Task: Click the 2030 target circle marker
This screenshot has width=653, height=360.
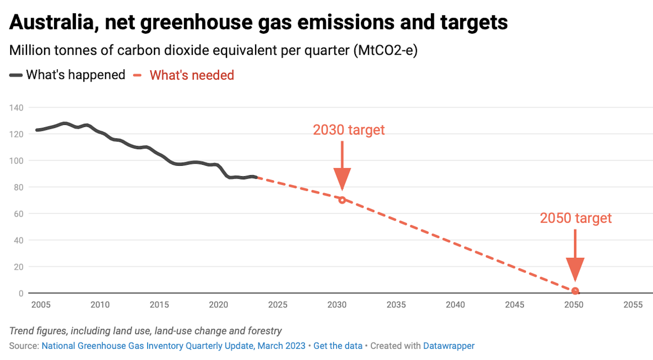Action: point(342,200)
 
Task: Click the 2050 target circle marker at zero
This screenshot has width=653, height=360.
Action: point(575,291)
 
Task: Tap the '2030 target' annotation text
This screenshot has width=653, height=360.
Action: point(349,130)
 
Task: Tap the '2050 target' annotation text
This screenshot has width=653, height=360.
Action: point(575,218)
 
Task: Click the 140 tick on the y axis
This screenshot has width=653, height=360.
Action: point(16,108)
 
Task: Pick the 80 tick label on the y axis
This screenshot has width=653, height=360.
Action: point(18,187)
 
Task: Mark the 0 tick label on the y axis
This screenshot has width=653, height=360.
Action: point(21,293)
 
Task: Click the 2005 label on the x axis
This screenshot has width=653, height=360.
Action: point(41,305)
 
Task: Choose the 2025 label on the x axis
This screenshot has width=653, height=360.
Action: point(278,305)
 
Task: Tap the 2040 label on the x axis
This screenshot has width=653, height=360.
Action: point(455,305)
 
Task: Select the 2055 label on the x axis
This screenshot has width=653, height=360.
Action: point(633,305)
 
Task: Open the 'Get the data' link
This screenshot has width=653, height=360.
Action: point(338,346)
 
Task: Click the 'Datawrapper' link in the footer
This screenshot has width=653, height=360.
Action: point(449,346)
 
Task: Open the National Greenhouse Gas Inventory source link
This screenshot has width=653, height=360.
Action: point(173,346)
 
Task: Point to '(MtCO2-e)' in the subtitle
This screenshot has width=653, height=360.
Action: point(385,50)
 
